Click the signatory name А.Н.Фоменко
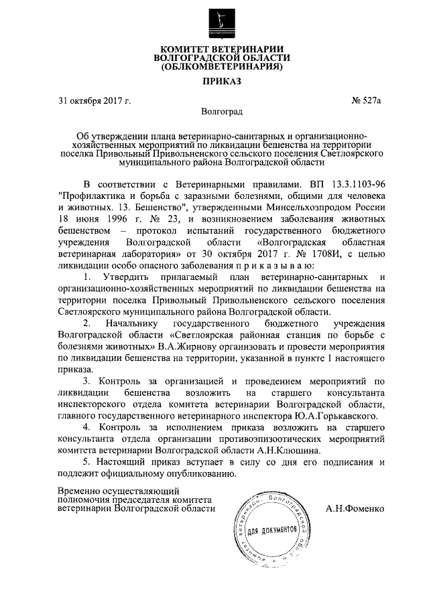pos(355,508)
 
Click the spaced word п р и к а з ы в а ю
pos(257,267)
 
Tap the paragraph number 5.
pos(85,463)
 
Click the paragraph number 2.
pos(86,323)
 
